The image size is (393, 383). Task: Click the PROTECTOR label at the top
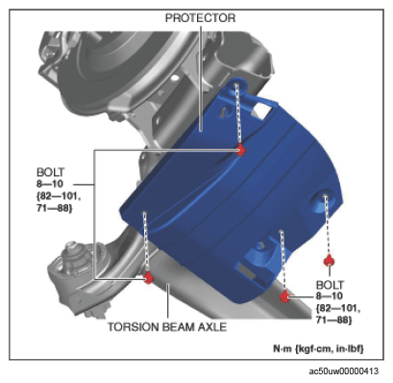(200, 18)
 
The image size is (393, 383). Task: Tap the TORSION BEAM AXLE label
(167, 327)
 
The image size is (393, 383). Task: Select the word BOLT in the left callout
(51, 172)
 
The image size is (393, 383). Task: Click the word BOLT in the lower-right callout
(330, 285)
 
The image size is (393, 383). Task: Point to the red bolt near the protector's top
(240, 150)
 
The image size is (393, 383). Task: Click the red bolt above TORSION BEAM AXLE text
(148, 277)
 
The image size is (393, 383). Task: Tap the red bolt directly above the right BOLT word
(329, 261)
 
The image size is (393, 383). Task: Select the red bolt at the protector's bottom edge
(284, 296)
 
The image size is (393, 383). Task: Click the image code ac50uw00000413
(343, 371)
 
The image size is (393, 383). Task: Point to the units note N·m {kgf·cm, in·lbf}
(318, 348)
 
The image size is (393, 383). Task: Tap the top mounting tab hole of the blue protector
(237, 86)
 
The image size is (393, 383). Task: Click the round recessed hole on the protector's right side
(324, 199)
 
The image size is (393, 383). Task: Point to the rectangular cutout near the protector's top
(265, 111)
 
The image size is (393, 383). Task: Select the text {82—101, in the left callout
(59, 196)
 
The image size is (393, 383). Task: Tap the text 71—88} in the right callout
(333, 320)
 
